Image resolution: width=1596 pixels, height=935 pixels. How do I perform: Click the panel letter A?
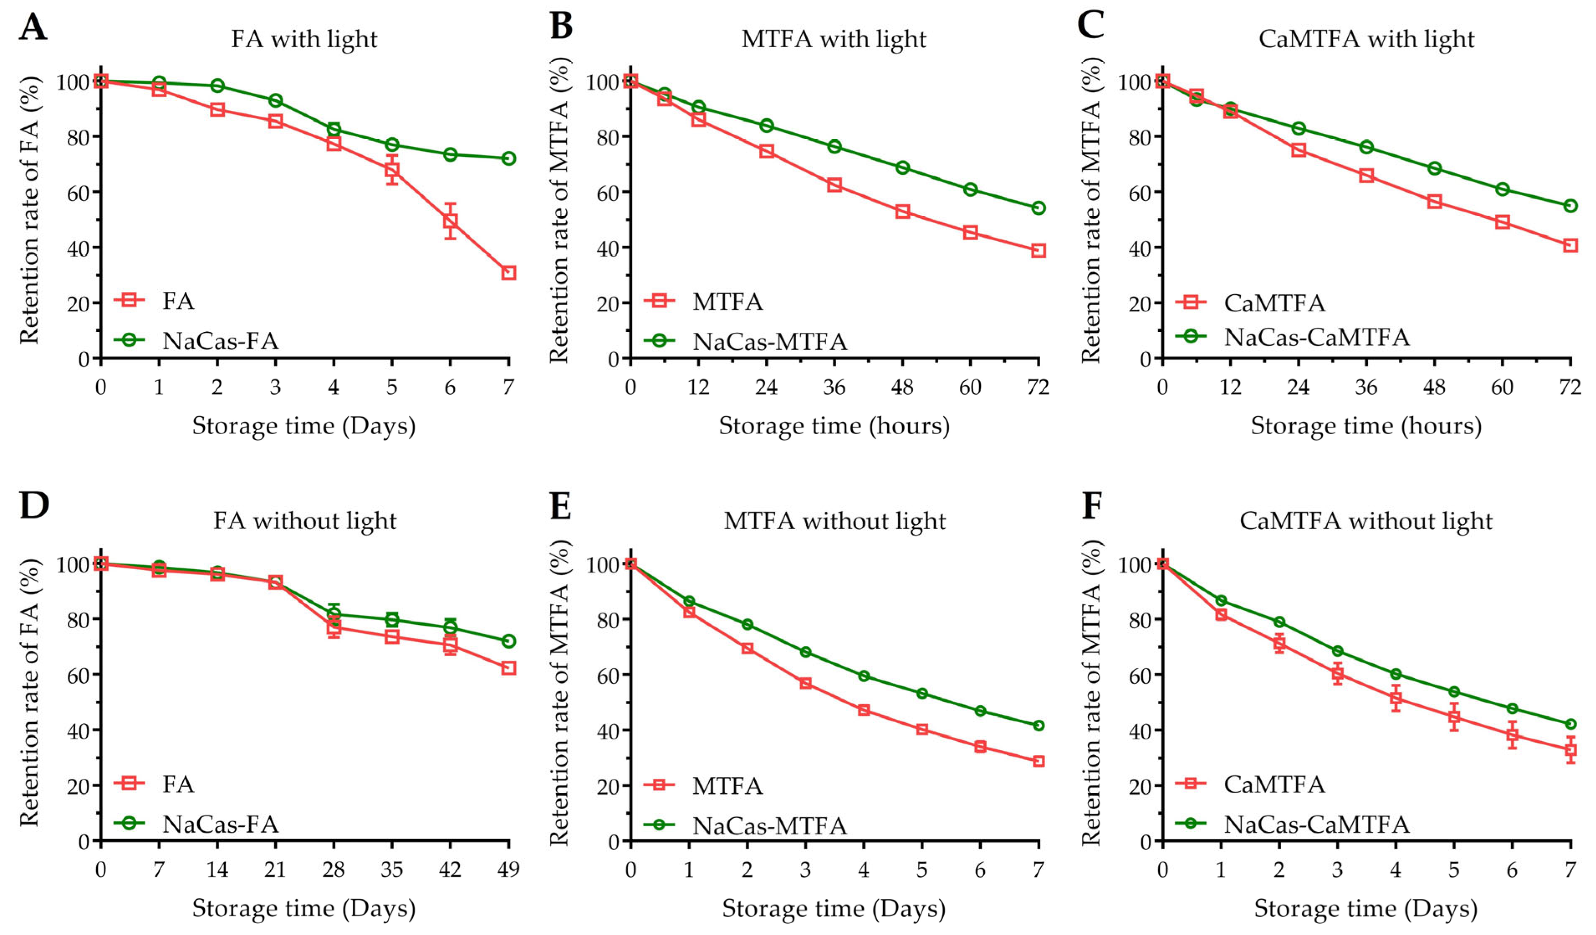[x=33, y=27]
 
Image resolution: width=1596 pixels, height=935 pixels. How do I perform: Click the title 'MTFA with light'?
[x=833, y=39]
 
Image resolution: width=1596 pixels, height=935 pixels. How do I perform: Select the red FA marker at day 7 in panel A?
[x=509, y=273]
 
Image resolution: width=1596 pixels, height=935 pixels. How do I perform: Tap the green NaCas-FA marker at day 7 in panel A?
[x=509, y=158]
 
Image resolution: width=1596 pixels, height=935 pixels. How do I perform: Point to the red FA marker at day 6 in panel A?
[x=451, y=221]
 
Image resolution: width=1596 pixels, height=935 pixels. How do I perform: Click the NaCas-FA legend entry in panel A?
[x=220, y=341]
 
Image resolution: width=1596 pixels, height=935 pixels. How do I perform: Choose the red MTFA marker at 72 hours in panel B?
[x=1038, y=251]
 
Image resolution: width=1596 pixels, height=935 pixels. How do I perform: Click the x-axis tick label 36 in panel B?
[x=834, y=387]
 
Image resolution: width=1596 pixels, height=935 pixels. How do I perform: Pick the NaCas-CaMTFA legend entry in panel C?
[x=1316, y=337]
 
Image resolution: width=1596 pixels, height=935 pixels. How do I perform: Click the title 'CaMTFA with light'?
[x=1366, y=39]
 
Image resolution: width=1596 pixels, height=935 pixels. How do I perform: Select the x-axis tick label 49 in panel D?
[x=509, y=869]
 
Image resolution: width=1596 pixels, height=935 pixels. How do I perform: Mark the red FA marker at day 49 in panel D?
[x=509, y=667]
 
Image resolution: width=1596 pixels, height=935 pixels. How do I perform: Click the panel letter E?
[x=560, y=507]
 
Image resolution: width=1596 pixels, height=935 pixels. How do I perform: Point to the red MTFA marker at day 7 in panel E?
[x=1038, y=761]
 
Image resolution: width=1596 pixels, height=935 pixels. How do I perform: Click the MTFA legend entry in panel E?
[x=727, y=785]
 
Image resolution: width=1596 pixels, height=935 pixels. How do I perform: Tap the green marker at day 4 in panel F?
[x=1395, y=674]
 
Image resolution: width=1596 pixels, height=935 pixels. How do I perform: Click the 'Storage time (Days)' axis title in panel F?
[x=1365, y=908]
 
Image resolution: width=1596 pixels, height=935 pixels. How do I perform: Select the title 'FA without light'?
[x=305, y=521]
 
